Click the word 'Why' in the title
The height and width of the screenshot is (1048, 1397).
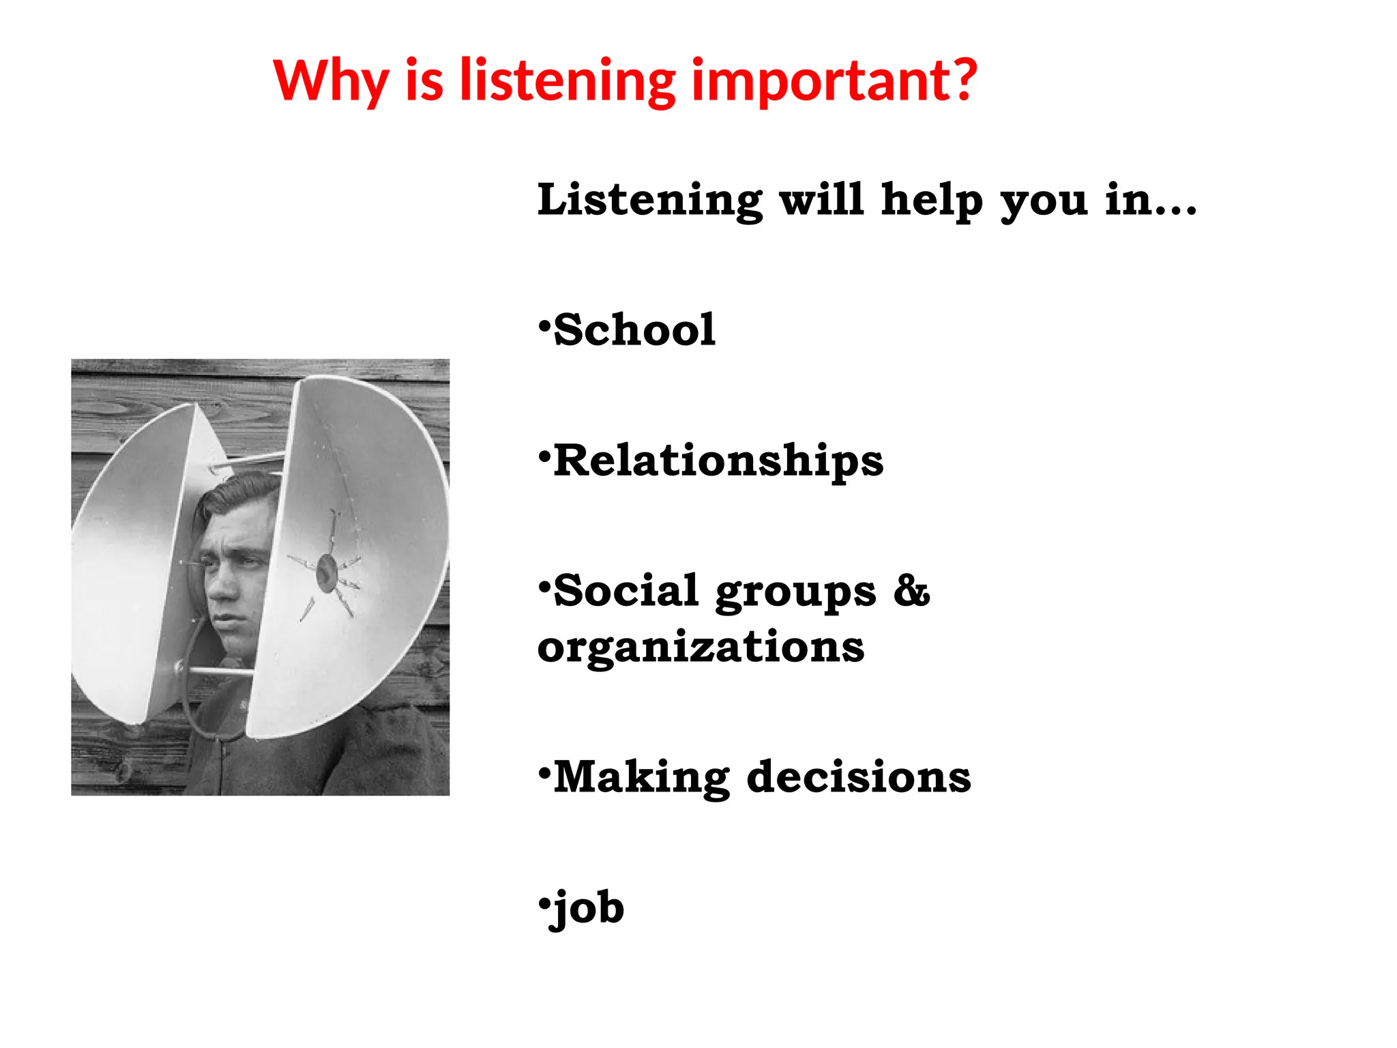pyautogui.click(x=331, y=81)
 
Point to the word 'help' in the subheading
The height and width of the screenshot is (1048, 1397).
pyautogui.click(x=932, y=200)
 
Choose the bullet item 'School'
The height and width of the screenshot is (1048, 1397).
pyautogui.click(x=634, y=330)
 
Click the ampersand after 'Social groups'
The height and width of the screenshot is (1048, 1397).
pyautogui.click(x=911, y=591)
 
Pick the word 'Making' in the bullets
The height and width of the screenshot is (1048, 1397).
pyautogui.click(x=642, y=777)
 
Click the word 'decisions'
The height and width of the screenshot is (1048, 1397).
pyautogui.click(x=859, y=777)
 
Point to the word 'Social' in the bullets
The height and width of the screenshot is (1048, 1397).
pyautogui.click(x=626, y=591)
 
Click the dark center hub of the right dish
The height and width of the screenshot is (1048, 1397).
pyautogui.click(x=327, y=572)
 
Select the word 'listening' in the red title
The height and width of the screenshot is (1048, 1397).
pyautogui.click(x=568, y=81)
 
